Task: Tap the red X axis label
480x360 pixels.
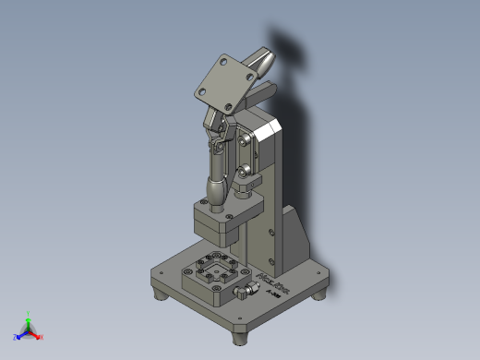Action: coord(42,337)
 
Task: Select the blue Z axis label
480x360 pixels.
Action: coord(16,337)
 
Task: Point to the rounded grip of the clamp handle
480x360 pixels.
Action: coord(262,62)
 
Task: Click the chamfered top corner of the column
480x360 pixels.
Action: coord(273,130)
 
